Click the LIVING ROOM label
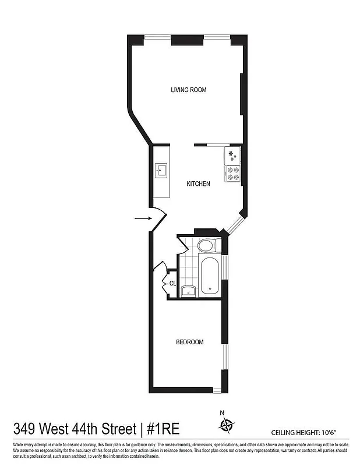pyautogui.click(x=188, y=90)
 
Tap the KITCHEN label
pyautogui.click(x=198, y=184)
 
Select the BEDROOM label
pyautogui.click(x=189, y=342)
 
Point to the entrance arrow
pyautogui.click(x=142, y=218)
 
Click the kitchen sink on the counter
pyautogui.click(x=161, y=171)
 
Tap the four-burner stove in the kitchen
pyautogui.click(x=233, y=173)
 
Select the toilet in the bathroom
pyautogui.click(x=206, y=245)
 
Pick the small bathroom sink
pyautogui.click(x=188, y=291)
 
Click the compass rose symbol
pyautogui.click(x=225, y=424)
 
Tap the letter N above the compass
pyautogui.click(x=222, y=413)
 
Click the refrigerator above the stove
pyautogui.click(x=232, y=156)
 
